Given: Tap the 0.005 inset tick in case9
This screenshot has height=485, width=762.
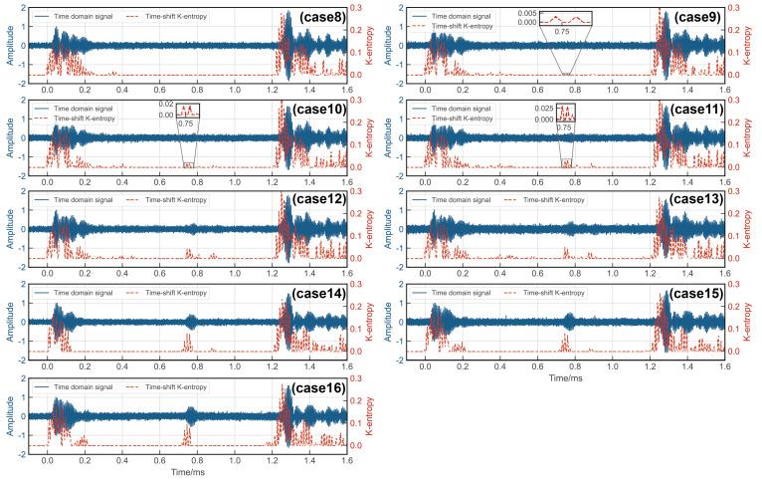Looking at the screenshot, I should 525,13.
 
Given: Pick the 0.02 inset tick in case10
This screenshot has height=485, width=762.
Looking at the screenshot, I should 166,105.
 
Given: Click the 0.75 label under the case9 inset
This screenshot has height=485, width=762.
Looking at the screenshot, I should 563,32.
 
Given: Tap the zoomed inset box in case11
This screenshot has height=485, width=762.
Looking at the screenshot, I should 562,112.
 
